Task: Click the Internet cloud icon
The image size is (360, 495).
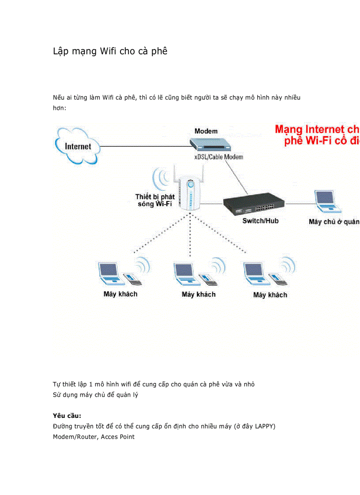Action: click(78, 145)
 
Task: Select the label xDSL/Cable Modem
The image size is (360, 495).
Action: click(219, 157)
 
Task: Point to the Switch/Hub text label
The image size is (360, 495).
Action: click(260, 221)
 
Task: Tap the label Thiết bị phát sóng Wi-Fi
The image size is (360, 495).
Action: click(155, 200)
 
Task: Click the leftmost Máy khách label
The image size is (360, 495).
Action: click(120, 294)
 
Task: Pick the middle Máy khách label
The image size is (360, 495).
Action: click(199, 294)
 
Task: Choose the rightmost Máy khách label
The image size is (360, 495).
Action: click(270, 295)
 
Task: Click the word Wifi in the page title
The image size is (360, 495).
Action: click(108, 51)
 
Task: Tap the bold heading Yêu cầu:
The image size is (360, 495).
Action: click(67, 416)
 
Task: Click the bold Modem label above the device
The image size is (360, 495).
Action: click(206, 131)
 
